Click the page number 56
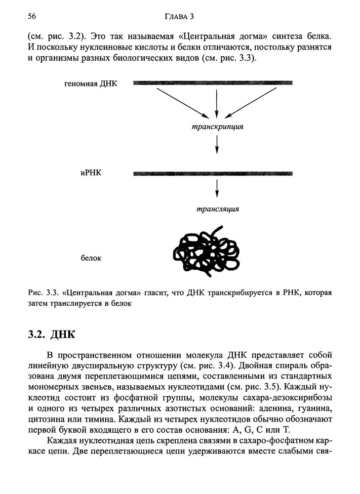(33, 17)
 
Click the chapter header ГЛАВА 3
(179, 17)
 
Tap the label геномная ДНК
(91, 83)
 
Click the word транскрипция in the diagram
(217, 126)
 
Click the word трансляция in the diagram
(217, 209)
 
